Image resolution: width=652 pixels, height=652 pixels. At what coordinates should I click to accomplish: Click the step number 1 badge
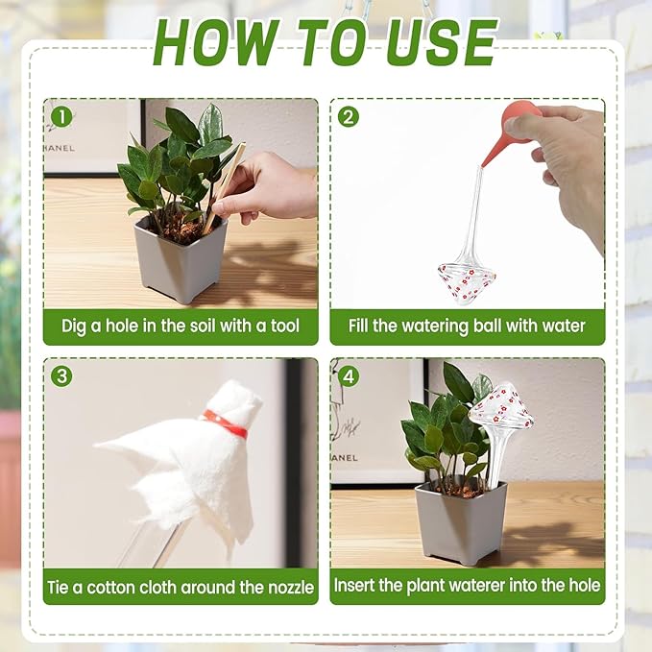[62, 117]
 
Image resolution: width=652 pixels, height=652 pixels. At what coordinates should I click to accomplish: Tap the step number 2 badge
[349, 117]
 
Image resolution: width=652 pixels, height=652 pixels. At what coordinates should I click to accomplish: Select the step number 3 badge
[62, 376]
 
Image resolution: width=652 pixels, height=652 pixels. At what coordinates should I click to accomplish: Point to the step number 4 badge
[349, 376]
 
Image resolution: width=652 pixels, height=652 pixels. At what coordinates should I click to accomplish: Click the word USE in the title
[444, 41]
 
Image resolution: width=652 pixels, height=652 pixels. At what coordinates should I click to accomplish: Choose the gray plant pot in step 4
[460, 523]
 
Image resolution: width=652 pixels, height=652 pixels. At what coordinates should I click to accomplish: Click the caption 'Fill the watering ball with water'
[467, 326]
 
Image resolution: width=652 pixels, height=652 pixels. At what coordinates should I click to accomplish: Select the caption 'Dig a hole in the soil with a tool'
[181, 326]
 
